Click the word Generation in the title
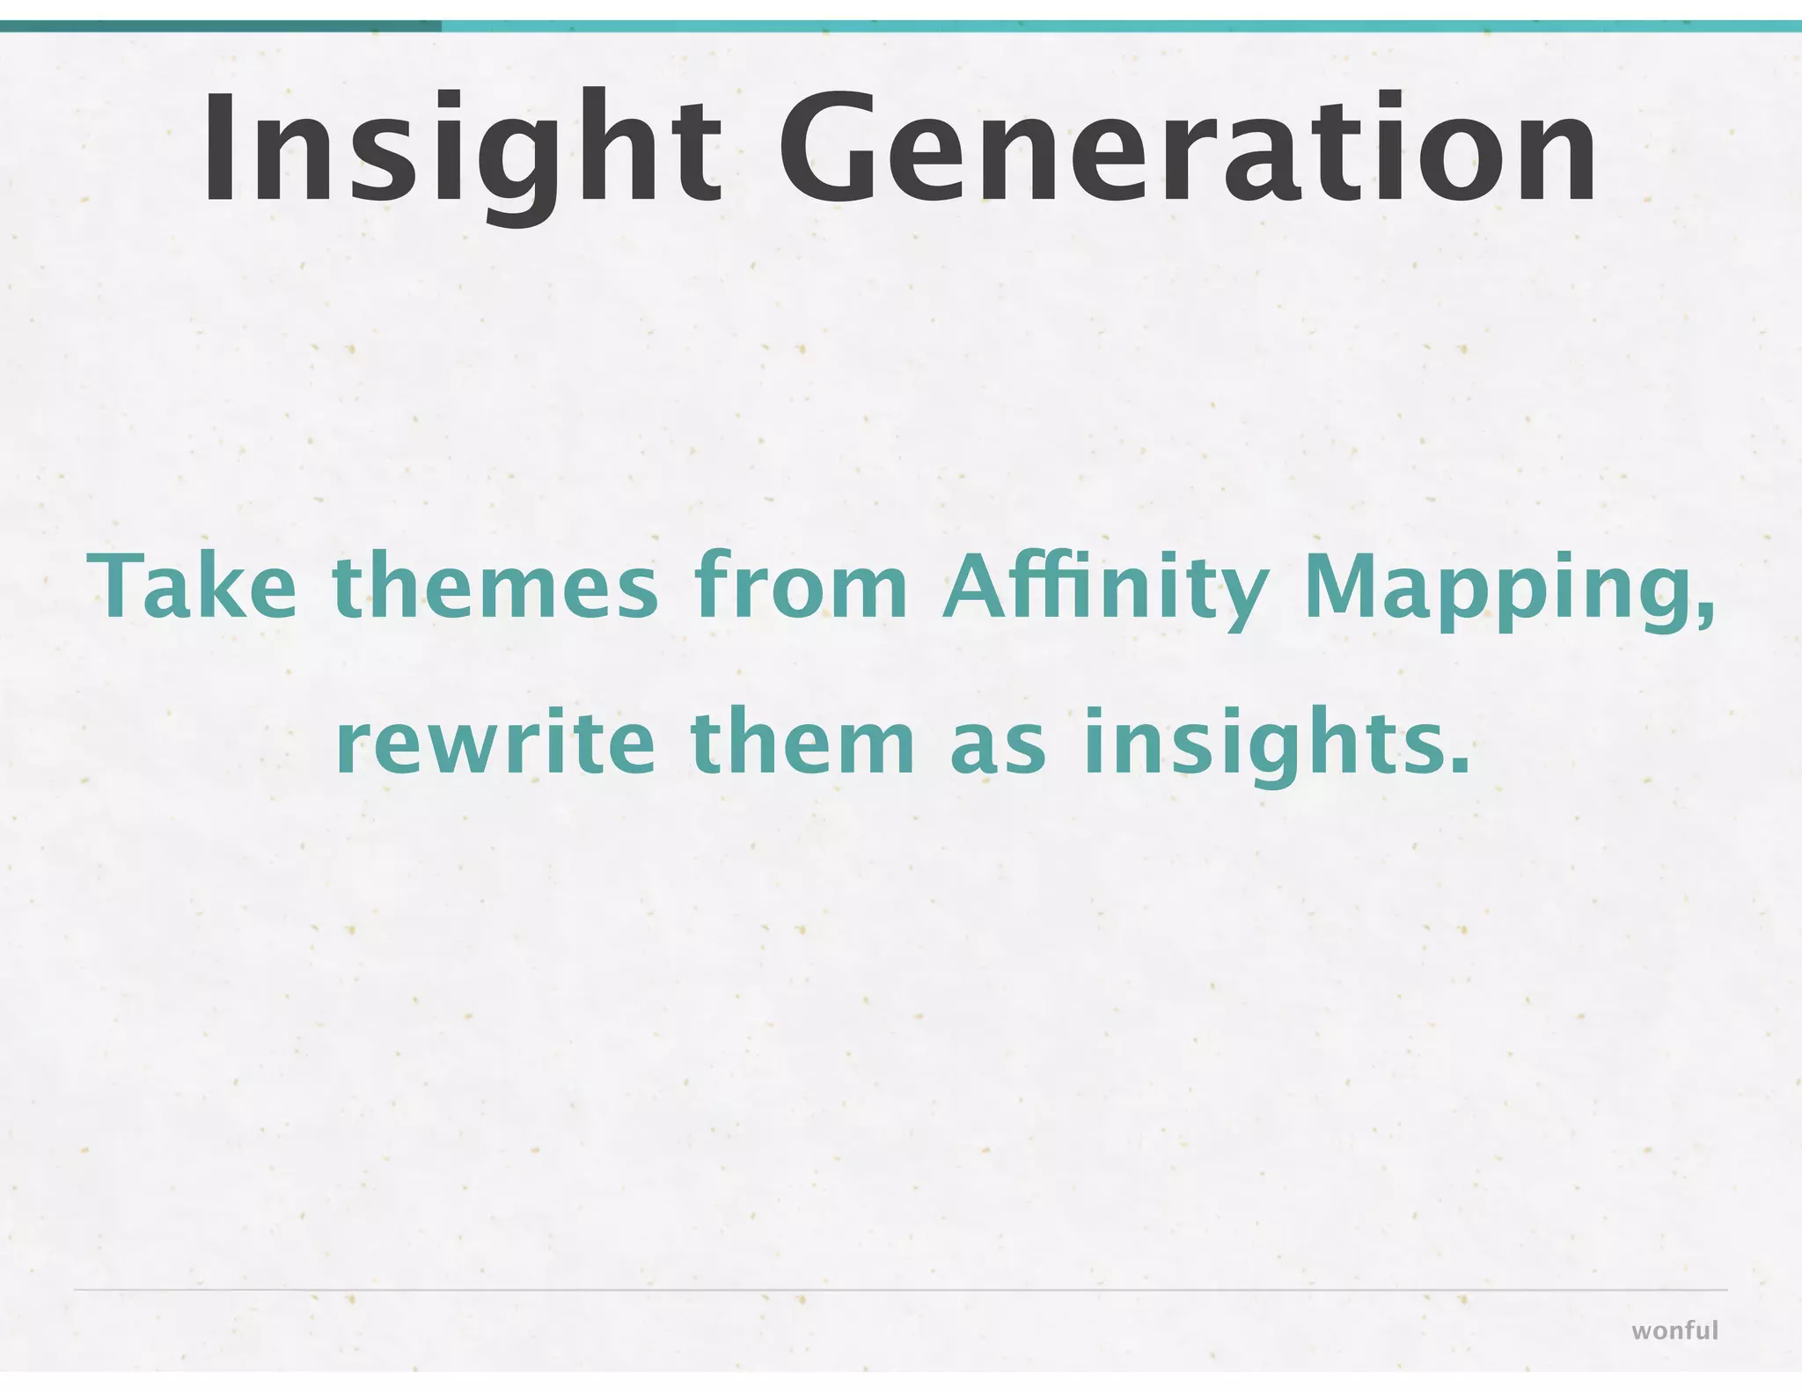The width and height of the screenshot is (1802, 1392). tap(1187, 150)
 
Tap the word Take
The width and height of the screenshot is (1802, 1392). tap(193, 585)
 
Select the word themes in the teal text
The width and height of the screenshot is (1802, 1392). tap(495, 585)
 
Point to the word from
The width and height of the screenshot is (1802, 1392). tap(801, 585)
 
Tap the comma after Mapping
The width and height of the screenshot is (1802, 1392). tap(1707, 612)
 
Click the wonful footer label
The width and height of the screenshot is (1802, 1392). tap(1674, 1330)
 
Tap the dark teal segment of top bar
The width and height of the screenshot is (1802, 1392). tap(220, 26)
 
